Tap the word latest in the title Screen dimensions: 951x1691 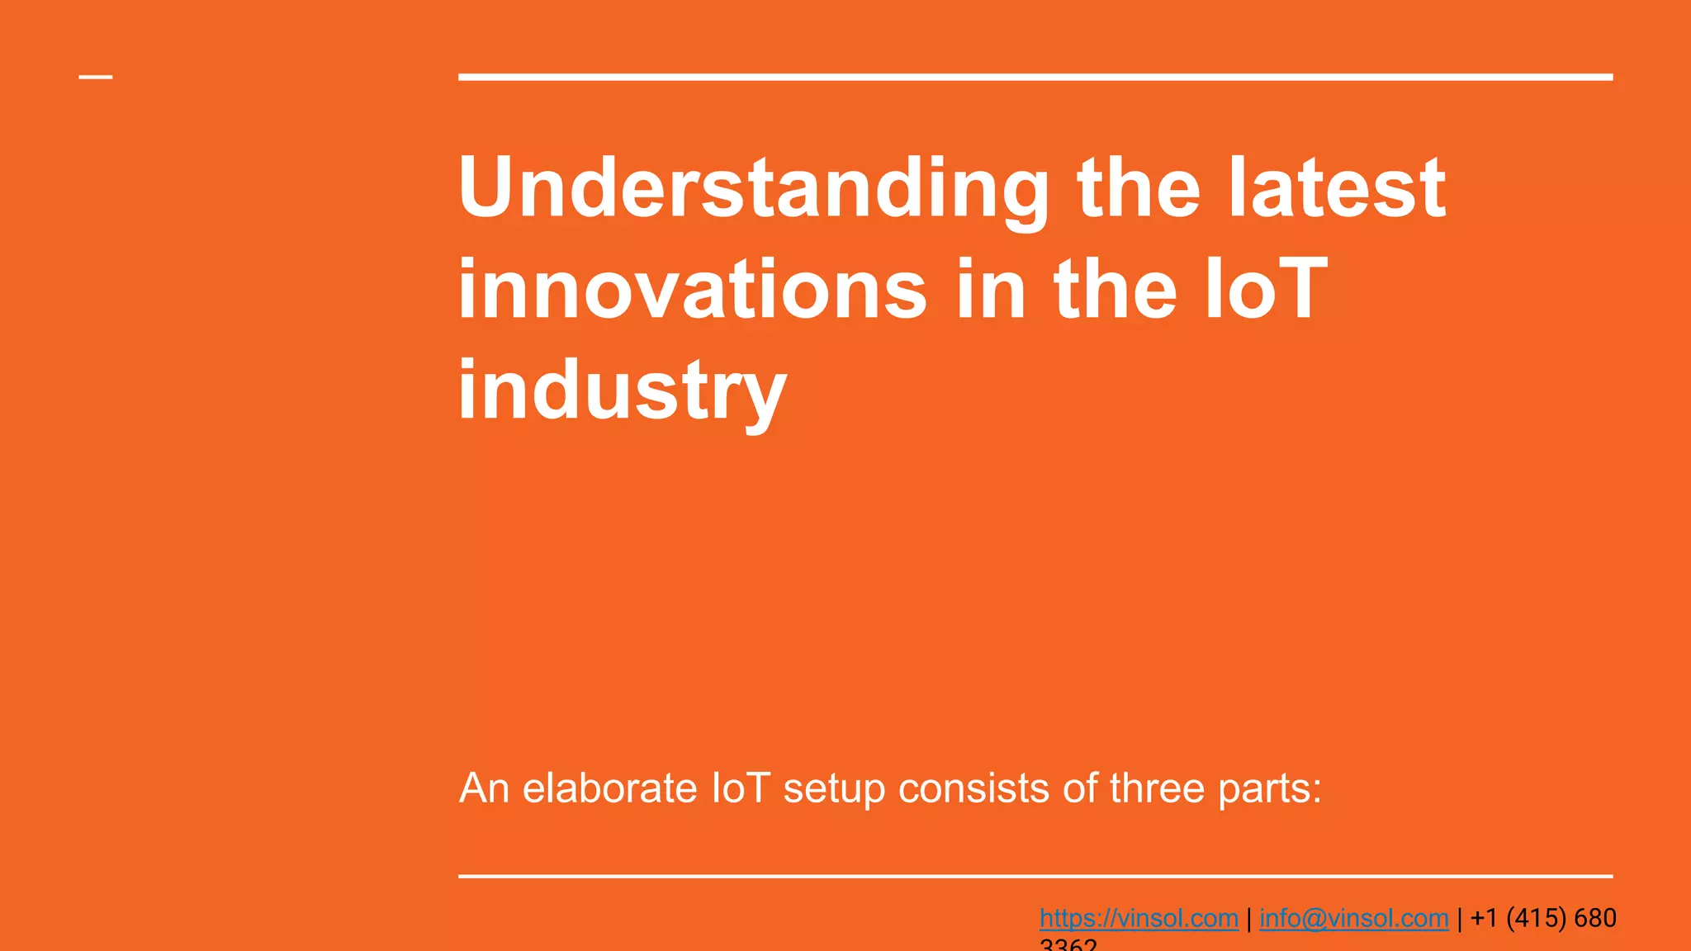[1337, 190]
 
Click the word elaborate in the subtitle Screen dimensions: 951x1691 [609, 788]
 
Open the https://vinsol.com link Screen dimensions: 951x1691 [1139, 918]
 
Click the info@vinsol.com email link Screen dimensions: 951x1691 [1353, 918]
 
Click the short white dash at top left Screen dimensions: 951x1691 [96, 78]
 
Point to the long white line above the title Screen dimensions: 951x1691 [1035, 77]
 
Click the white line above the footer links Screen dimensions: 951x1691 [1035, 876]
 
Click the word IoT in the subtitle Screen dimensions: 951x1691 [741, 788]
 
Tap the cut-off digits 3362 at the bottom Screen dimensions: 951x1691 [1068, 944]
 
